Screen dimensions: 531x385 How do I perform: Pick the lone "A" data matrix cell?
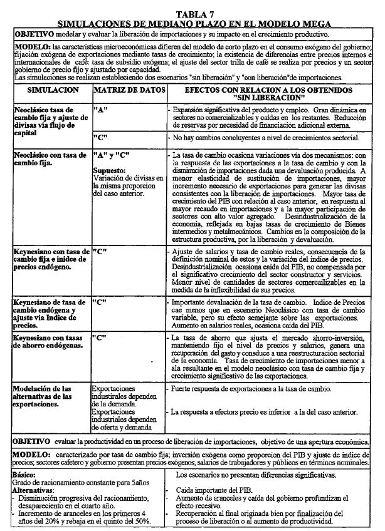click(x=99, y=109)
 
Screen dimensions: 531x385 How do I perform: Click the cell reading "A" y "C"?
click(x=112, y=154)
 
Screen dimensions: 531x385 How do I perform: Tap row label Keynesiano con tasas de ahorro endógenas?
click(x=48, y=341)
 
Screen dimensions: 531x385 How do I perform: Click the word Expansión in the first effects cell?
click(x=191, y=109)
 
